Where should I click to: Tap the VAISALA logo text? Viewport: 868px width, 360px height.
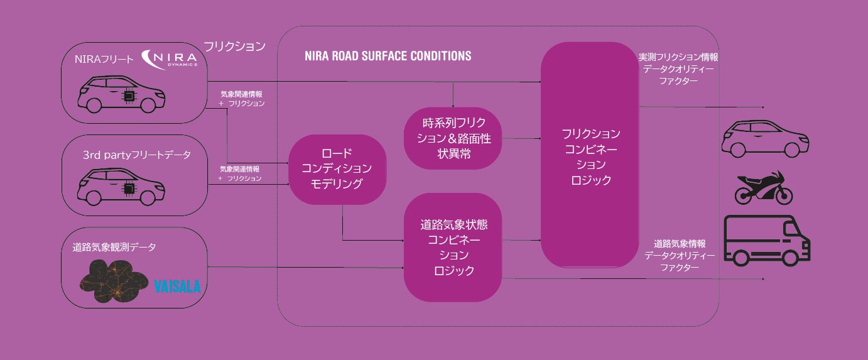coord(177,286)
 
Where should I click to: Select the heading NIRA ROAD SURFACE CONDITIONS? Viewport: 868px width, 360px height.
coord(388,56)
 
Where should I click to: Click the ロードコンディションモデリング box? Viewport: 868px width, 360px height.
coord(337,169)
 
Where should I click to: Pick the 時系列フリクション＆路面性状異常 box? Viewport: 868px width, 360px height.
coord(453,138)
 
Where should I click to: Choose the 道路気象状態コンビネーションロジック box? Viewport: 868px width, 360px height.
coord(453,248)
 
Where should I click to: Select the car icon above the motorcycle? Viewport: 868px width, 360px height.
coord(764,138)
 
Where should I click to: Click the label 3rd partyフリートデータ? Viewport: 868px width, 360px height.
coord(136,155)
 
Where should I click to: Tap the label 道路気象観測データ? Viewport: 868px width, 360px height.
coord(114,248)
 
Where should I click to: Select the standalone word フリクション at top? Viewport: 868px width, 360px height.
coord(234,46)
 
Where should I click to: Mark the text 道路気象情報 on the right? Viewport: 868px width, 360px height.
coord(679,243)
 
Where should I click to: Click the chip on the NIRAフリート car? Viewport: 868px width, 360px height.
coord(129,95)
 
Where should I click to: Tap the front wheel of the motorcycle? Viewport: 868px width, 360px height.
coord(784,196)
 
